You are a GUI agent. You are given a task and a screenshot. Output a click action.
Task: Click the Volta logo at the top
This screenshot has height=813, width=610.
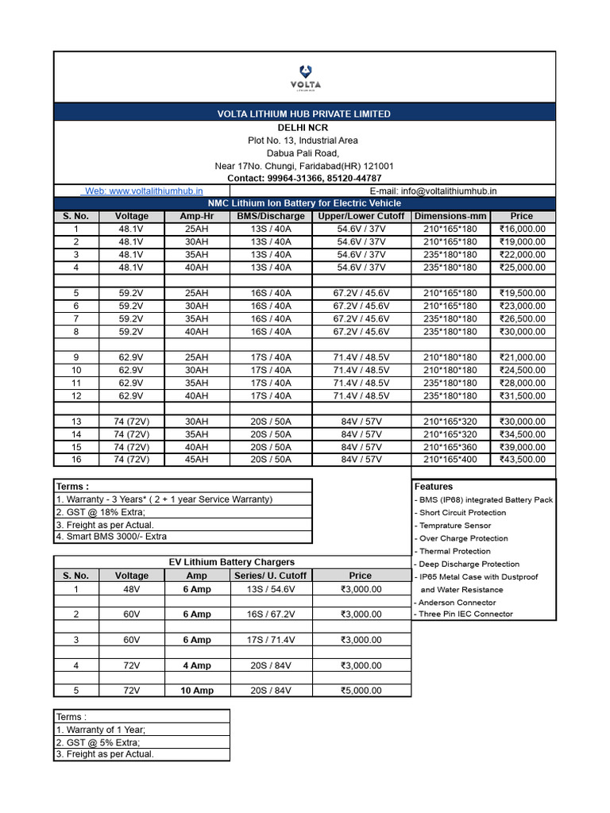[x=305, y=75]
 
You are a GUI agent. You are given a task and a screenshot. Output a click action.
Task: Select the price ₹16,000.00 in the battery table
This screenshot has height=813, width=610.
[x=522, y=229]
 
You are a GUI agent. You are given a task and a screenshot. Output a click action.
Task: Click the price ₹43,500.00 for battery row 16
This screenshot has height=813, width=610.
[x=522, y=460]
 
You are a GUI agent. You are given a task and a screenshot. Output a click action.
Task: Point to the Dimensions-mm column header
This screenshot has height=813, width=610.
[x=450, y=216]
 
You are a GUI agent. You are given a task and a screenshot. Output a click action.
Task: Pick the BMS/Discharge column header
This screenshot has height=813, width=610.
[x=270, y=216]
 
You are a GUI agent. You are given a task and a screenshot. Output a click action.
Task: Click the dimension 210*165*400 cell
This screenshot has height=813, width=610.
[x=450, y=460]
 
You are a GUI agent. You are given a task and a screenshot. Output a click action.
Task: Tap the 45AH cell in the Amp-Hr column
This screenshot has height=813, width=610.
[x=196, y=460]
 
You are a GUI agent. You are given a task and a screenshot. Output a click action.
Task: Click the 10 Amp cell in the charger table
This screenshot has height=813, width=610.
[x=196, y=691]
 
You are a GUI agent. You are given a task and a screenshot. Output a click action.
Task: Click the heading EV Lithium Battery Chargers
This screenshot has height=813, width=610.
[x=232, y=562]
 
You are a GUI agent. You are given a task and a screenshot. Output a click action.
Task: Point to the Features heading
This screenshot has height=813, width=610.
[x=434, y=487]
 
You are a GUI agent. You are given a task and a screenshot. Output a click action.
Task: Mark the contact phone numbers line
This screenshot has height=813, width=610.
[x=304, y=179]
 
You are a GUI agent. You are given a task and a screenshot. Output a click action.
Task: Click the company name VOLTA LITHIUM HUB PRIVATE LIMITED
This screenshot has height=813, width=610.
[x=304, y=114]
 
